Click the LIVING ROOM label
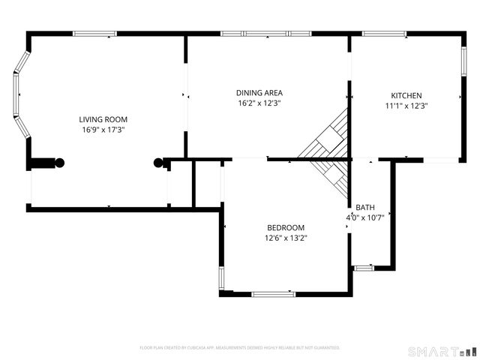[103, 119]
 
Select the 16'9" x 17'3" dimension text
[103, 130]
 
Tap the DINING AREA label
[259, 93]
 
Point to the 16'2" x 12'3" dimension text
[259, 103]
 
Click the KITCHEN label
[406, 95]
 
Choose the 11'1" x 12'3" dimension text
[406, 106]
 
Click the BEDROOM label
[286, 228]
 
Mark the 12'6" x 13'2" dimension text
[286, 238]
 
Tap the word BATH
[365, 208]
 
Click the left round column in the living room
[58, 162]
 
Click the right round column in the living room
[158, 162]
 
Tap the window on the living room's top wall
[94, 34]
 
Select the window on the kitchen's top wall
[384, 34]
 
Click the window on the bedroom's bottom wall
[274, 294]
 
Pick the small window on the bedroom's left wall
[220, 279]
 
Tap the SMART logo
[441, 351]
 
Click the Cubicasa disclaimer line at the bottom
[240, 348]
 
